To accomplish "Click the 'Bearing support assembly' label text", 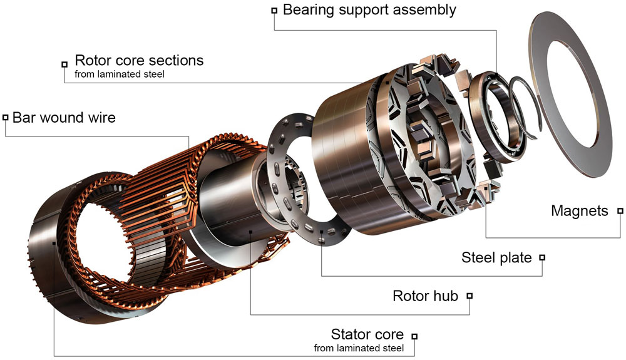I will pyautogui.click(x=369, y=10).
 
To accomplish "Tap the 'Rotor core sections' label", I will pyautogui.click(x=139, y=61).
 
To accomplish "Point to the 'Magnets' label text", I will pyautogui.click(x=579, y=211).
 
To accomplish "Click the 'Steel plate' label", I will pyautogui.click(x=496, y=257).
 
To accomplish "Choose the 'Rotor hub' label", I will pyautogui.click(x=425, y=296).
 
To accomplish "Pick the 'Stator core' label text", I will pyautogui.click(x=367, y=334).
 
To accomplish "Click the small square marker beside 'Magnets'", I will pyautogui.click(x=620, y=212).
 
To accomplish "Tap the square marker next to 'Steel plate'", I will pyautogui.click(x=542, y=257).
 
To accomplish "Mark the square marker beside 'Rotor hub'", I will pyautogui.click(x=469, y=296).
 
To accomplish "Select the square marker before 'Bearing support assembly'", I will pyautogui.click(x=274, y=11).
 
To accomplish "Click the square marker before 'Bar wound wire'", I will pyautogui.click(x=5, y=118).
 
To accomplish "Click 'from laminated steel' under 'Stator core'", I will pyautogui.click(x=359, y=347).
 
